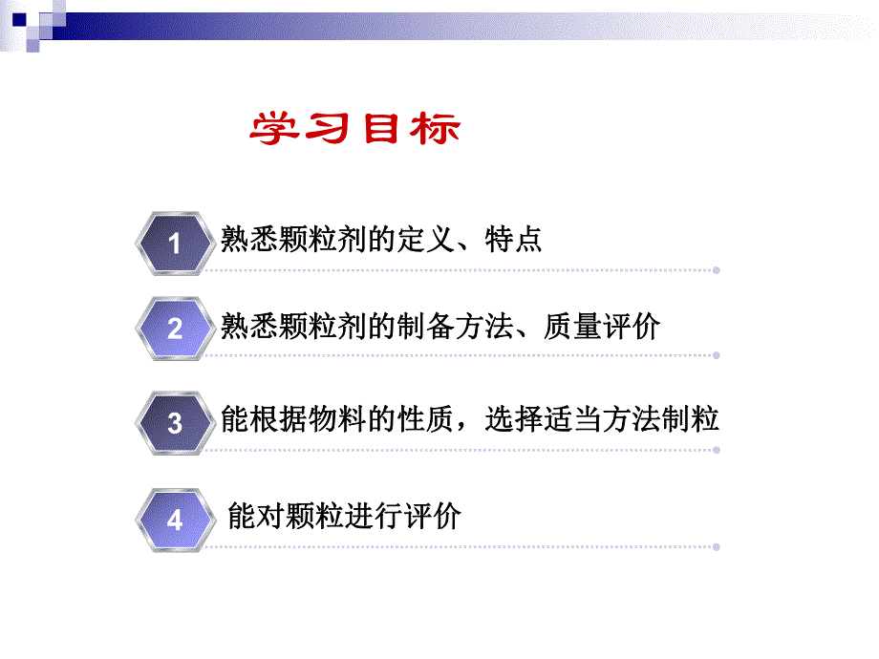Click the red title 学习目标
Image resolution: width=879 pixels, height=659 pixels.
coord(354,130)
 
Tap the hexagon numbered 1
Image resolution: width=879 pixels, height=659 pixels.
coord(175,243)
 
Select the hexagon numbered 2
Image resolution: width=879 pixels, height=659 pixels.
coord(175,329)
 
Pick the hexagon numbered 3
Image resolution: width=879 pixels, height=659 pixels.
coord(175,422)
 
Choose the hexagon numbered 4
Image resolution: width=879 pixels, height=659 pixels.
coord(175,521)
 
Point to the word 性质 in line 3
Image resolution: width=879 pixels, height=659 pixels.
coord(424,419)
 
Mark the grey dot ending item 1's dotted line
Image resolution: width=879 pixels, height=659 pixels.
coord(717,270)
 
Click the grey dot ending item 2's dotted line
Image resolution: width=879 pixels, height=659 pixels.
coord(717,357)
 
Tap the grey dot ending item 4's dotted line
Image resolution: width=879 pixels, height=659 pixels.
coord(717,547)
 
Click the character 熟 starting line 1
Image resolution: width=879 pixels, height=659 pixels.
coord(235,239)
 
